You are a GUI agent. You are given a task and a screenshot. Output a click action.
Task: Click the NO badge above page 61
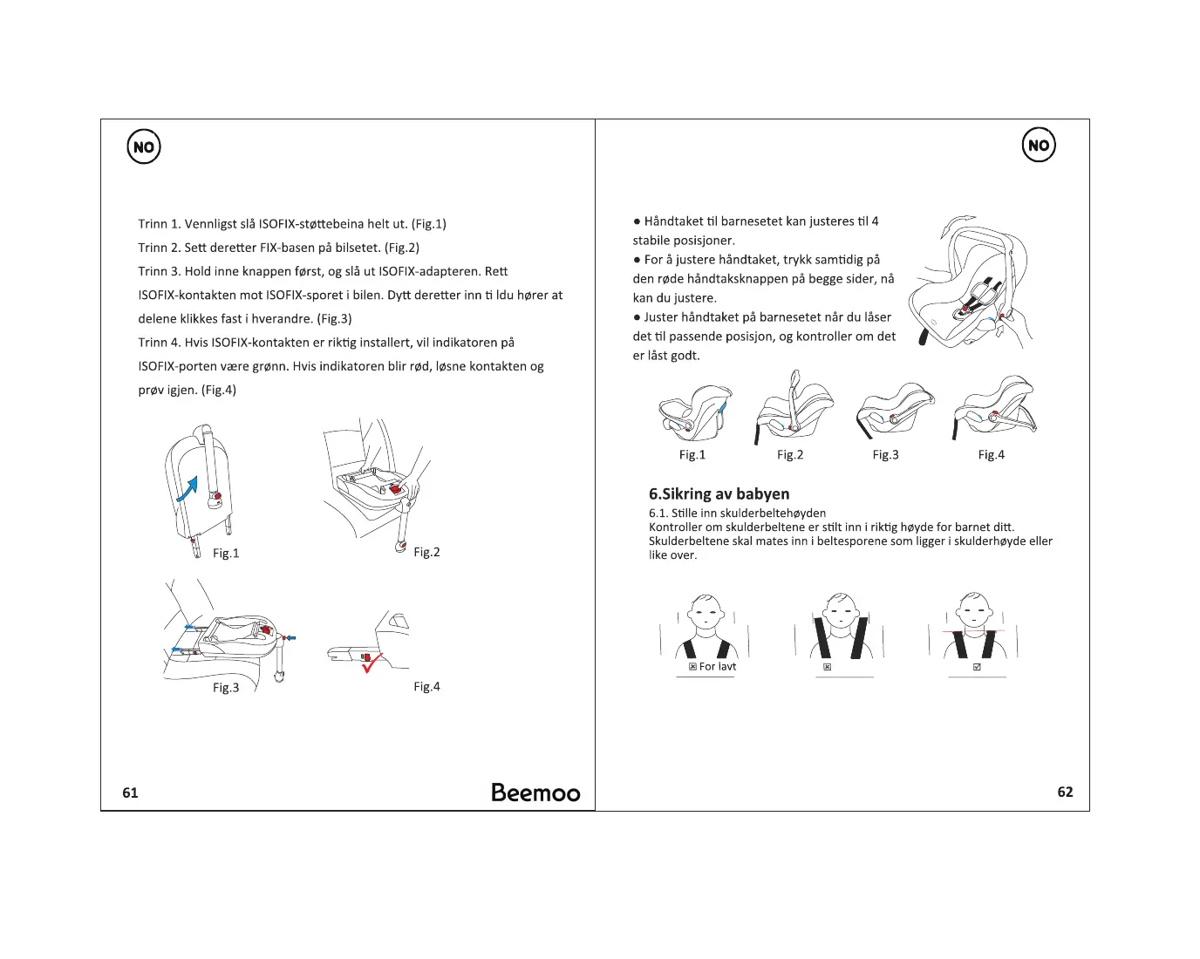(144, 147)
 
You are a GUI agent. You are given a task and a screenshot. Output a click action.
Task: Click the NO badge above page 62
(1038, 146)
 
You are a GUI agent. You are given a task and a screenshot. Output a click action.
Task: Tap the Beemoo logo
(535, 792)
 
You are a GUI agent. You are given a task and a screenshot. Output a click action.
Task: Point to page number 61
(130, 792)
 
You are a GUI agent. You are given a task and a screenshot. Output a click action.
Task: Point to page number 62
(1065, 792)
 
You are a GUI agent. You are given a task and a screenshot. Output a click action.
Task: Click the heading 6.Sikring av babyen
(719, 494)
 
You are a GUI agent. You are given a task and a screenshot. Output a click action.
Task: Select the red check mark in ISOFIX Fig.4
(372, 663)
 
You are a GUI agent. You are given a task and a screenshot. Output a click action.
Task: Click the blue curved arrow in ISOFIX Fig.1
(187, 489)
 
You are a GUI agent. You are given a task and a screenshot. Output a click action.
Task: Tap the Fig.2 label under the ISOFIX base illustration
(426, 552)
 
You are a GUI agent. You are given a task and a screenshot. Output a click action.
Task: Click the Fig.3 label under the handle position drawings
(885, 454)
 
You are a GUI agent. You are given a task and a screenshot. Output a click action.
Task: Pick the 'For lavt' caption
(717, 667)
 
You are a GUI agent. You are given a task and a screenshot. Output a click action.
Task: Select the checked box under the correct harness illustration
(977, 667)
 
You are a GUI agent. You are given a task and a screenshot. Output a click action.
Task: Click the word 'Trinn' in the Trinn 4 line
(152, 343)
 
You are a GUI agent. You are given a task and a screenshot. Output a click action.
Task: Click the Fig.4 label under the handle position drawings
(991, 454)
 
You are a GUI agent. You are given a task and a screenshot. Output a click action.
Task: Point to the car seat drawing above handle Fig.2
(794, 408)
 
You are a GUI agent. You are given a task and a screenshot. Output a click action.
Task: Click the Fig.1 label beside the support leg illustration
(226, 553)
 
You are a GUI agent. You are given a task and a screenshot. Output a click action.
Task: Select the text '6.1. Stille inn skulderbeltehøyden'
(737, 513)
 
